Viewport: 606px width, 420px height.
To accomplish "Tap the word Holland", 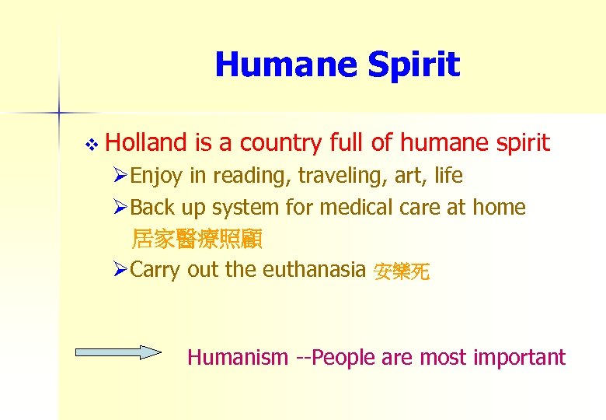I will pyautogui.click(x=147, y=143).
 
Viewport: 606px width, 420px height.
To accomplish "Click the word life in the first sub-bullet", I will pyautogui.click(x=448, y=176).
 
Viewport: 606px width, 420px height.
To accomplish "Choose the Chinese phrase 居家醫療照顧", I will pyautogui.click(x=197, y=239).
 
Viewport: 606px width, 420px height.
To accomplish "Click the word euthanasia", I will pyautogui.click(x=314, y=270).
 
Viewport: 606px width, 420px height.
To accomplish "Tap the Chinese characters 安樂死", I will pyautogui.click(x=401, y=271).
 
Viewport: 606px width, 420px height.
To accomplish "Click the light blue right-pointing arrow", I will pyautogui.click(x=117, y=353).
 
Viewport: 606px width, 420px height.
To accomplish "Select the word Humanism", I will pyautogui.click(x=237, y=358).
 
